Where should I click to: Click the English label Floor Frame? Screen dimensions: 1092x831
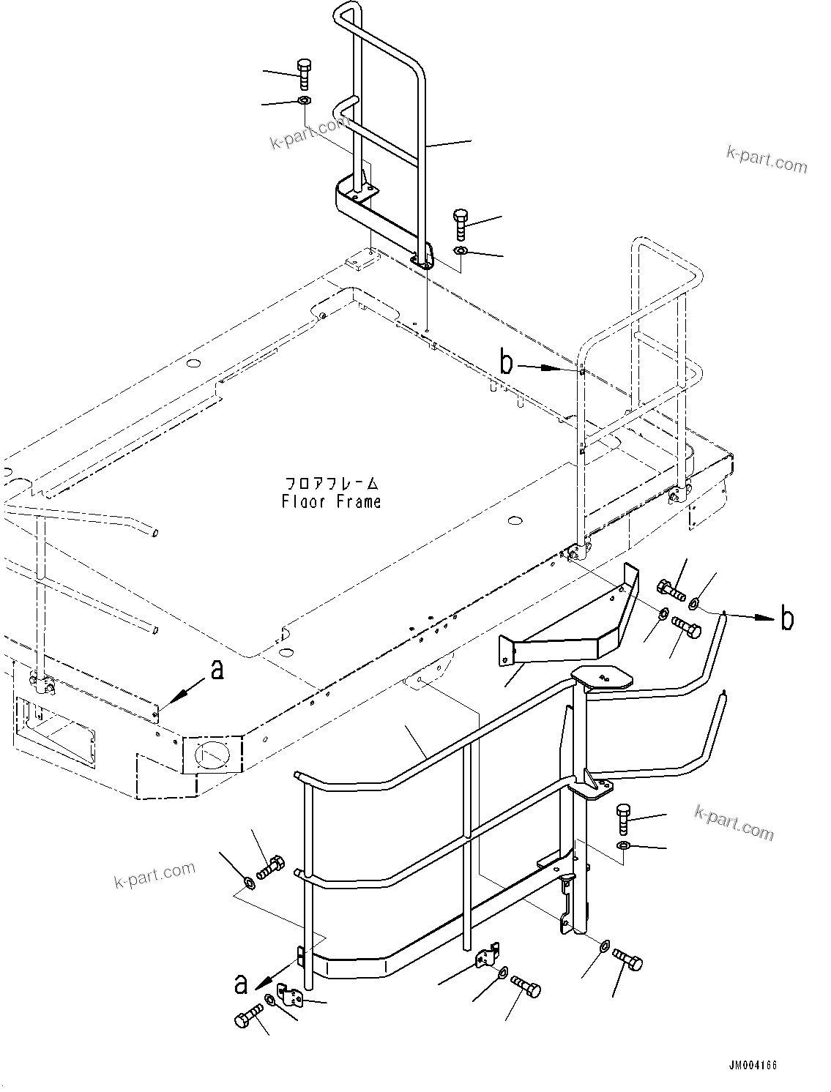pos(331,501)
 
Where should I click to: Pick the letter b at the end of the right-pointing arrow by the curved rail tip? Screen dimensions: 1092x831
pos(786,618)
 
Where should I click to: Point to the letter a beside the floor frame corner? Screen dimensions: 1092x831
pos(217,669)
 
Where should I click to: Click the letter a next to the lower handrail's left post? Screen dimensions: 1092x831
pos(240,985)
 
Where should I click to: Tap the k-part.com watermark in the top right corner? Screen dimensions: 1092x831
pos(767,159)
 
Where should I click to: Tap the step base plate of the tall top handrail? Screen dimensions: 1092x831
pos(381,220)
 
